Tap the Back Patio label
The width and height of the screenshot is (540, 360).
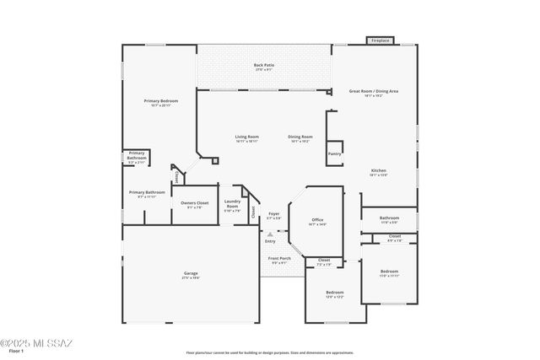click(264, 66)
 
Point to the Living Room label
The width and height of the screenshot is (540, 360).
click(246, 137)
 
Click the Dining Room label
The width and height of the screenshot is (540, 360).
click(300, 137)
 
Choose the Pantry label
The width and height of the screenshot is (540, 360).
click(335, 153)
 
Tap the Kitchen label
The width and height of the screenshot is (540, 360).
click(378, 171)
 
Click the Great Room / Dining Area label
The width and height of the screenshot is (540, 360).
click(373, 91)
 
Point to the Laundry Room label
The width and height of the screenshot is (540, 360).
click(234, 203)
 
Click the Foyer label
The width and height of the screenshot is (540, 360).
click(274, 214)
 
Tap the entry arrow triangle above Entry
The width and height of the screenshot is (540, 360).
click(270, 234)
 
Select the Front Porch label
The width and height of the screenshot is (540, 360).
click(280, 259)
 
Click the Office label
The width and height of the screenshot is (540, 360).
click(317, 220)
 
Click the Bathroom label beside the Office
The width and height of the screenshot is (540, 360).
click(389, 218)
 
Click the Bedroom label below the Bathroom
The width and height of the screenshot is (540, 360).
click(389, 271)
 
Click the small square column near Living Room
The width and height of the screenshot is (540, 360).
click(216, 159)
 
